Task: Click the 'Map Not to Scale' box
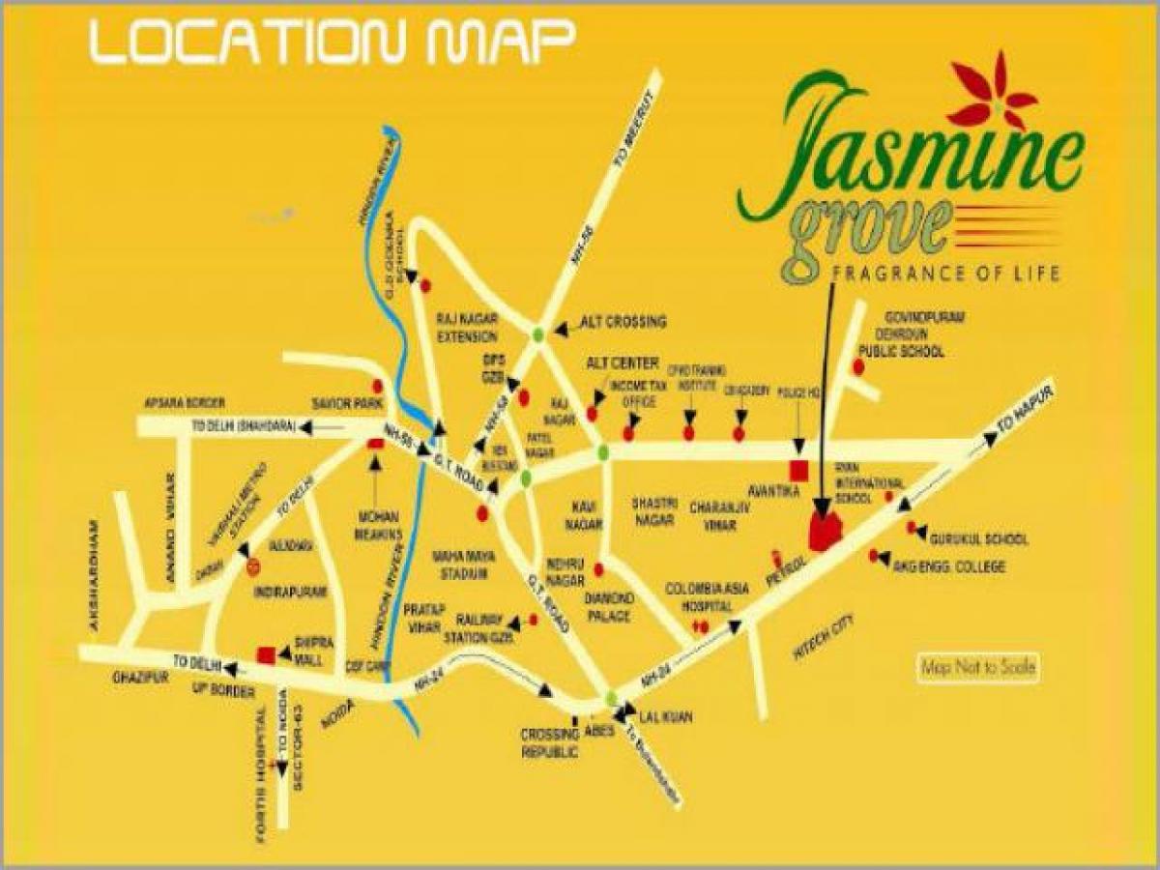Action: [x=977, y=668]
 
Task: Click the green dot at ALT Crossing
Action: [x=537, y=333]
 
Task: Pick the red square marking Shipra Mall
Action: [x=265, y=655]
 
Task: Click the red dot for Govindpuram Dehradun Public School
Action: [x=858, y=366]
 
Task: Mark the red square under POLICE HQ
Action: [x=798, y=471]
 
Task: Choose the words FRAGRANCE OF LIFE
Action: [x=945, y=273]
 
